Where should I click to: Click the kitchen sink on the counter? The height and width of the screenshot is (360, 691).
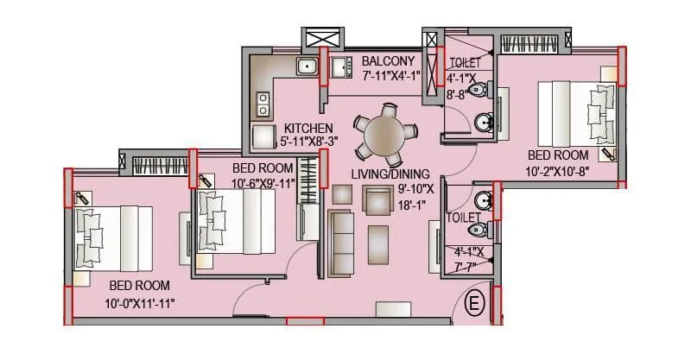[x=306, y=66]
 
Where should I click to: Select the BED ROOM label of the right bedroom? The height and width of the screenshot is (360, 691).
[x=557, y=155]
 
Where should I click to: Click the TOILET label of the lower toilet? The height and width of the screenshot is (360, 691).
[x=465, y=218]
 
